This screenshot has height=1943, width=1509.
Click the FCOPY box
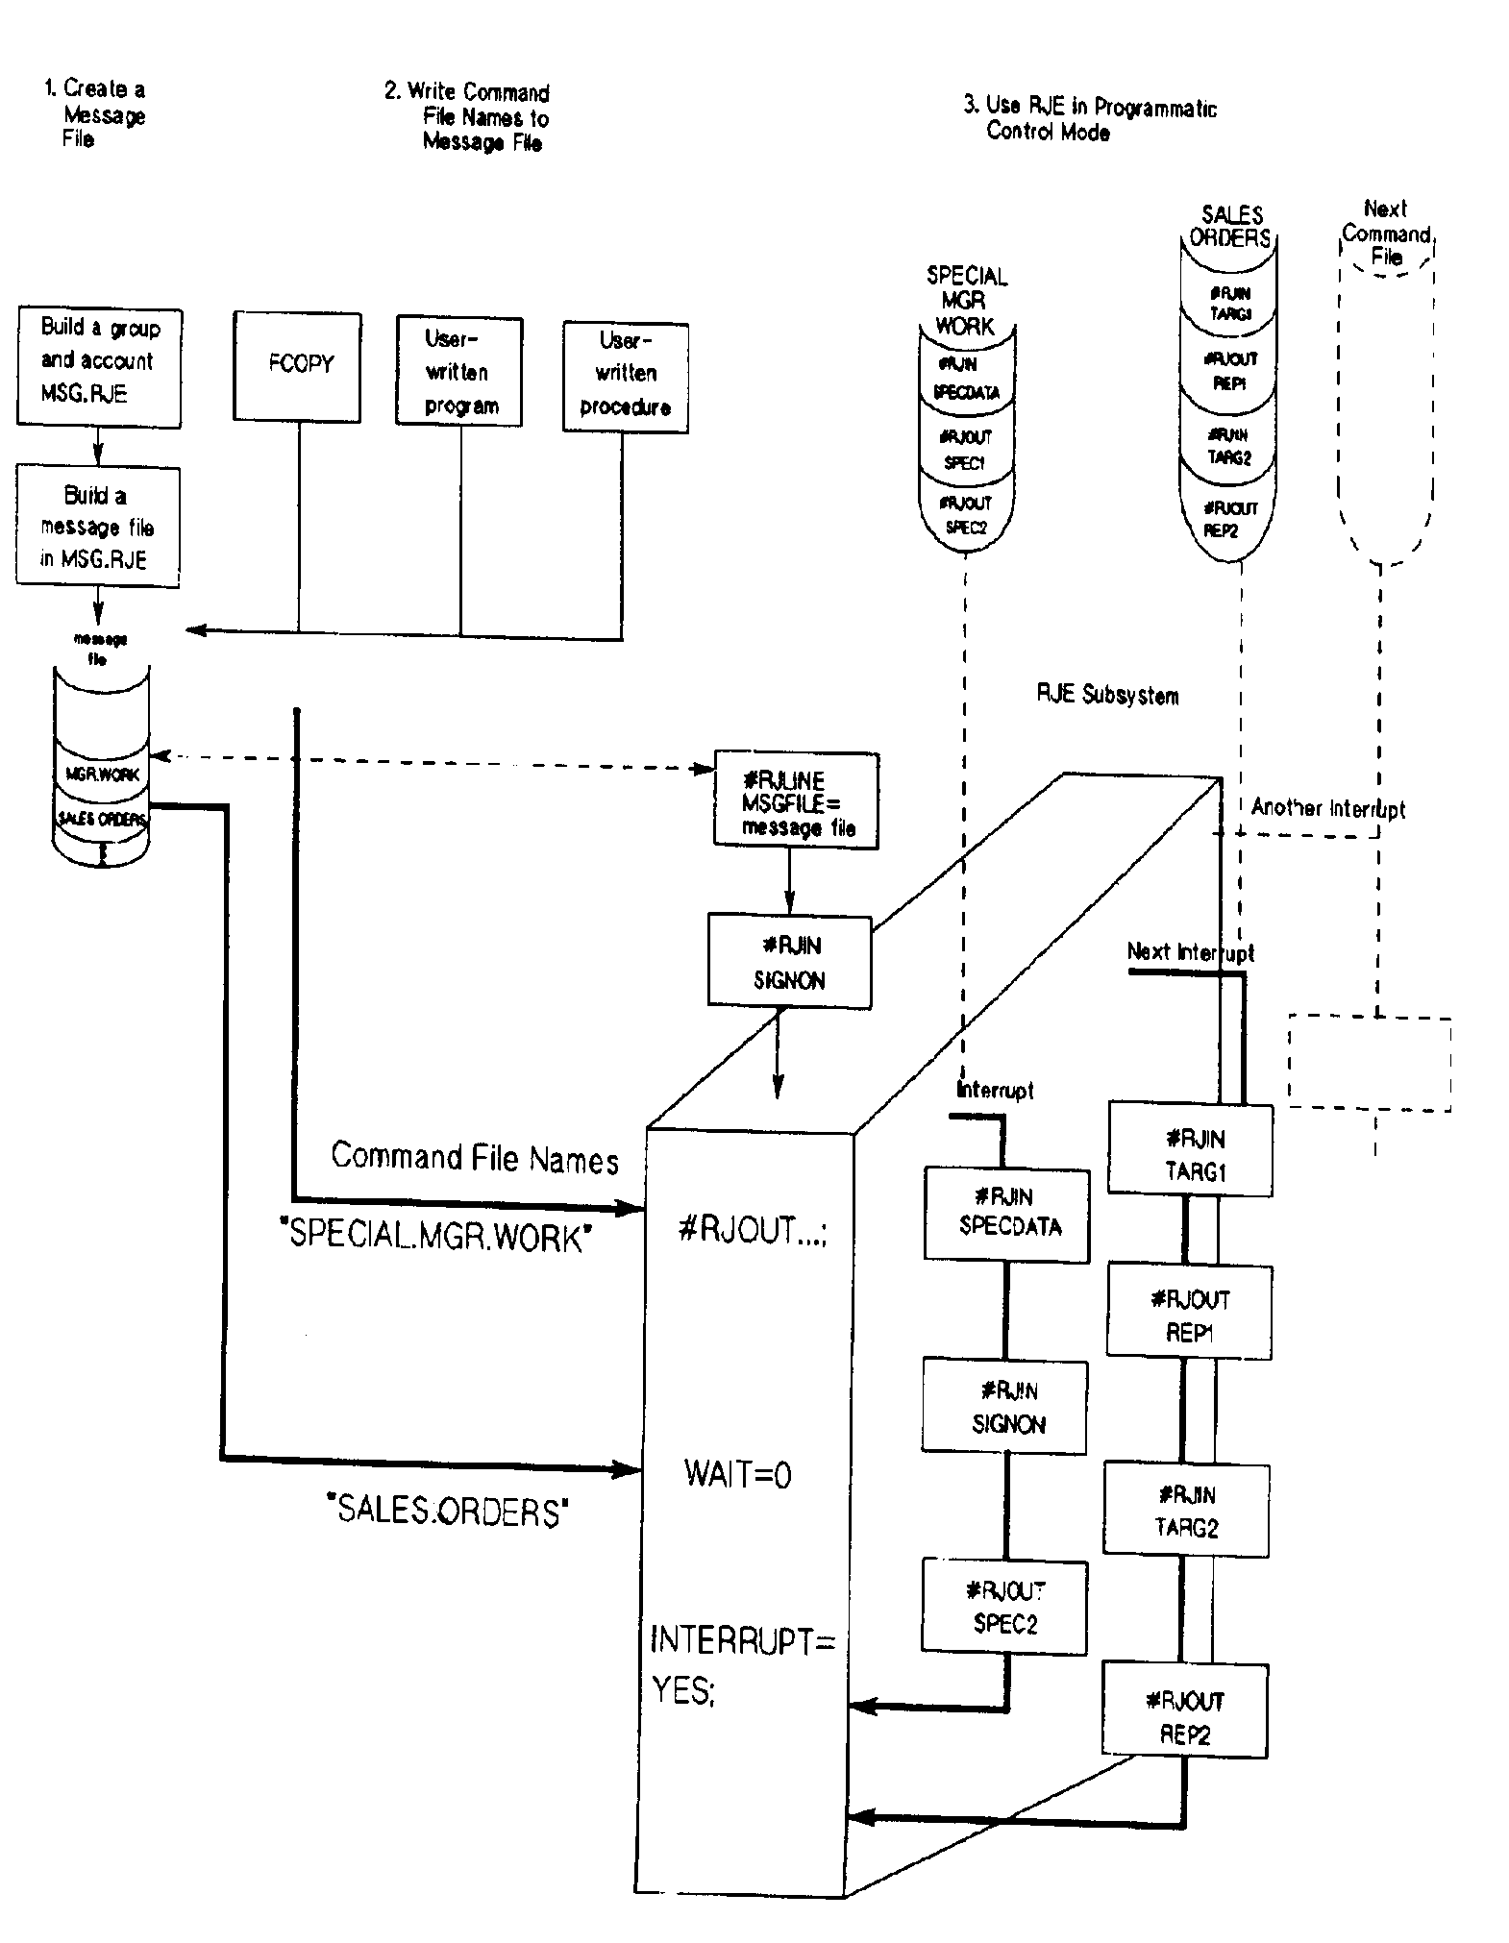tap(298, 366)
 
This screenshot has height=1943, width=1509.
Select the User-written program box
tap(459, 371)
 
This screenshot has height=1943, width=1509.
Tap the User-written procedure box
tap(625, 377)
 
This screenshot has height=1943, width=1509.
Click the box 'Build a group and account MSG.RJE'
tap(99, 367)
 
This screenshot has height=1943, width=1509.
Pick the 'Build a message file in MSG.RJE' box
tap(97, 527)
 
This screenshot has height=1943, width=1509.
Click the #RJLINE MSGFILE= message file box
tap(796, 800)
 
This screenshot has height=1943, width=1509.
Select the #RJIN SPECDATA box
tap(1006, 1214)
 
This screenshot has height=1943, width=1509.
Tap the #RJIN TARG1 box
tap(1190, 1149)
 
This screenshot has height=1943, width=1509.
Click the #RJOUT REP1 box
tap(1189, 1312)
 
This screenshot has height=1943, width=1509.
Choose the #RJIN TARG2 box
tap(1186, 1510)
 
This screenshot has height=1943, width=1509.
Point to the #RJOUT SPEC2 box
tap(1004, 1607)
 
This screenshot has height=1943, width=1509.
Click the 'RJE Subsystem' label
tap(1107, 695)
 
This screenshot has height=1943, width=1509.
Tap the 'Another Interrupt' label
tap(1327, 808)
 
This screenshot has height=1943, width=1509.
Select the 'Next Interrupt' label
tap(1190, 952)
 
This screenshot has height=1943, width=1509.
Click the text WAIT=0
tap(737, 1473)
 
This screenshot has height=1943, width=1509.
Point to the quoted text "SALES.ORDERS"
tap(448, 1511)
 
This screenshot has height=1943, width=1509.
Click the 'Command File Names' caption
tap(475, 1158)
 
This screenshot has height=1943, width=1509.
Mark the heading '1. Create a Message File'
tap(96, 114)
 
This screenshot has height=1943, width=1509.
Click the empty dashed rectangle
tap(1369, 1063)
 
